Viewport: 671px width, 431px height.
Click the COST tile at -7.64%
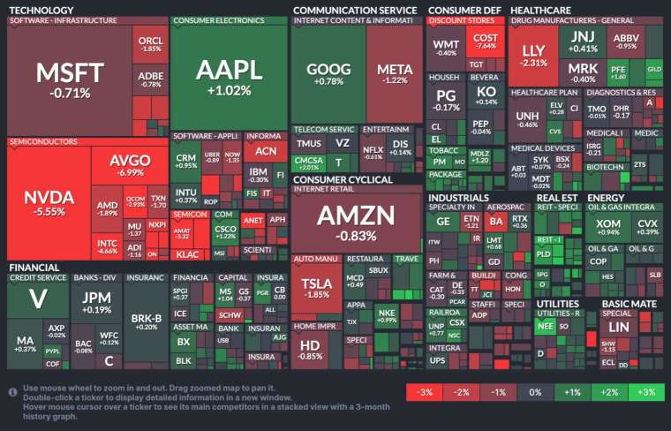[x=486, y=41]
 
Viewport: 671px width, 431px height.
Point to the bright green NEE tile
[x=545, y=326]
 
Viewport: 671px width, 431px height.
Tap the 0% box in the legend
[x=535, y=392]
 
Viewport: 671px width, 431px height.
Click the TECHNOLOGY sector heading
[x=41, y=10]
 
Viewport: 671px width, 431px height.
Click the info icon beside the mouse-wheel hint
[x=13, y=390]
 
